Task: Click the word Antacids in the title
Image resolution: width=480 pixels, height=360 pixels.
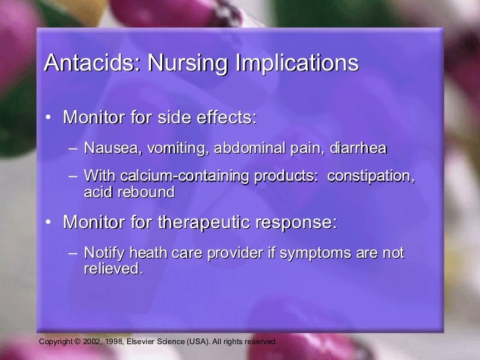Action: (92, 63)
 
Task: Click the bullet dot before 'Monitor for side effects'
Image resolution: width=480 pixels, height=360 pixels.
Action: (49, 119)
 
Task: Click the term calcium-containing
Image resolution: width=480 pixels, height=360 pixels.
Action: (171, 177)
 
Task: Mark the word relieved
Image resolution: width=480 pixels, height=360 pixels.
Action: (113, 269)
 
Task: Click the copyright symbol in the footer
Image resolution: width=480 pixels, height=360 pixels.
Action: (76, 342)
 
